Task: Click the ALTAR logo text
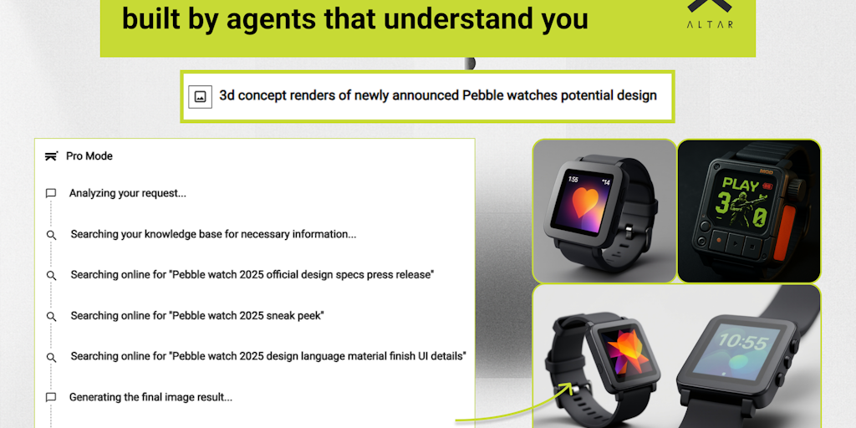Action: pos(710,24)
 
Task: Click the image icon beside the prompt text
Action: pos(201,97)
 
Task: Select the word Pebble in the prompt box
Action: pos(483,95)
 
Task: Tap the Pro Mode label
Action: pos(89,156)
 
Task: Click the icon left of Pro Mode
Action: pos(51,156)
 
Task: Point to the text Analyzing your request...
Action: pos(128,193)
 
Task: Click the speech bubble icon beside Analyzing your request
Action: pos(51,193)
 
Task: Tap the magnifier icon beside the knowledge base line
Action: pos(51,235)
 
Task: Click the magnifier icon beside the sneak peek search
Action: pos(51,316)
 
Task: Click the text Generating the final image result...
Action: pos(150,397)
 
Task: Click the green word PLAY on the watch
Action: pos(741,185)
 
